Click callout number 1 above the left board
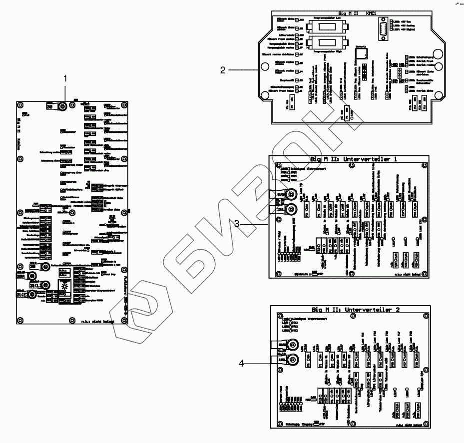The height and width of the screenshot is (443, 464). pyautogui.click(x=65, y=78)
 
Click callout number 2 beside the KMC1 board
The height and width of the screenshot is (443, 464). pyautogui.click(x=223, y=70)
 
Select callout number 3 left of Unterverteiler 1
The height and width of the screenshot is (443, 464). pyautogui.click(x=241, y=225)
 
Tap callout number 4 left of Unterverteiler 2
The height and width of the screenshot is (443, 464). pyautogui.click(x=241, y=364)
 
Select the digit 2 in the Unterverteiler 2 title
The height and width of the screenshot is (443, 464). pyautogui.click(x=398, y=310)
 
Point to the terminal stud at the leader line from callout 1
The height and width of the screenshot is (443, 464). pyautogui.click(x=63, y=106)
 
